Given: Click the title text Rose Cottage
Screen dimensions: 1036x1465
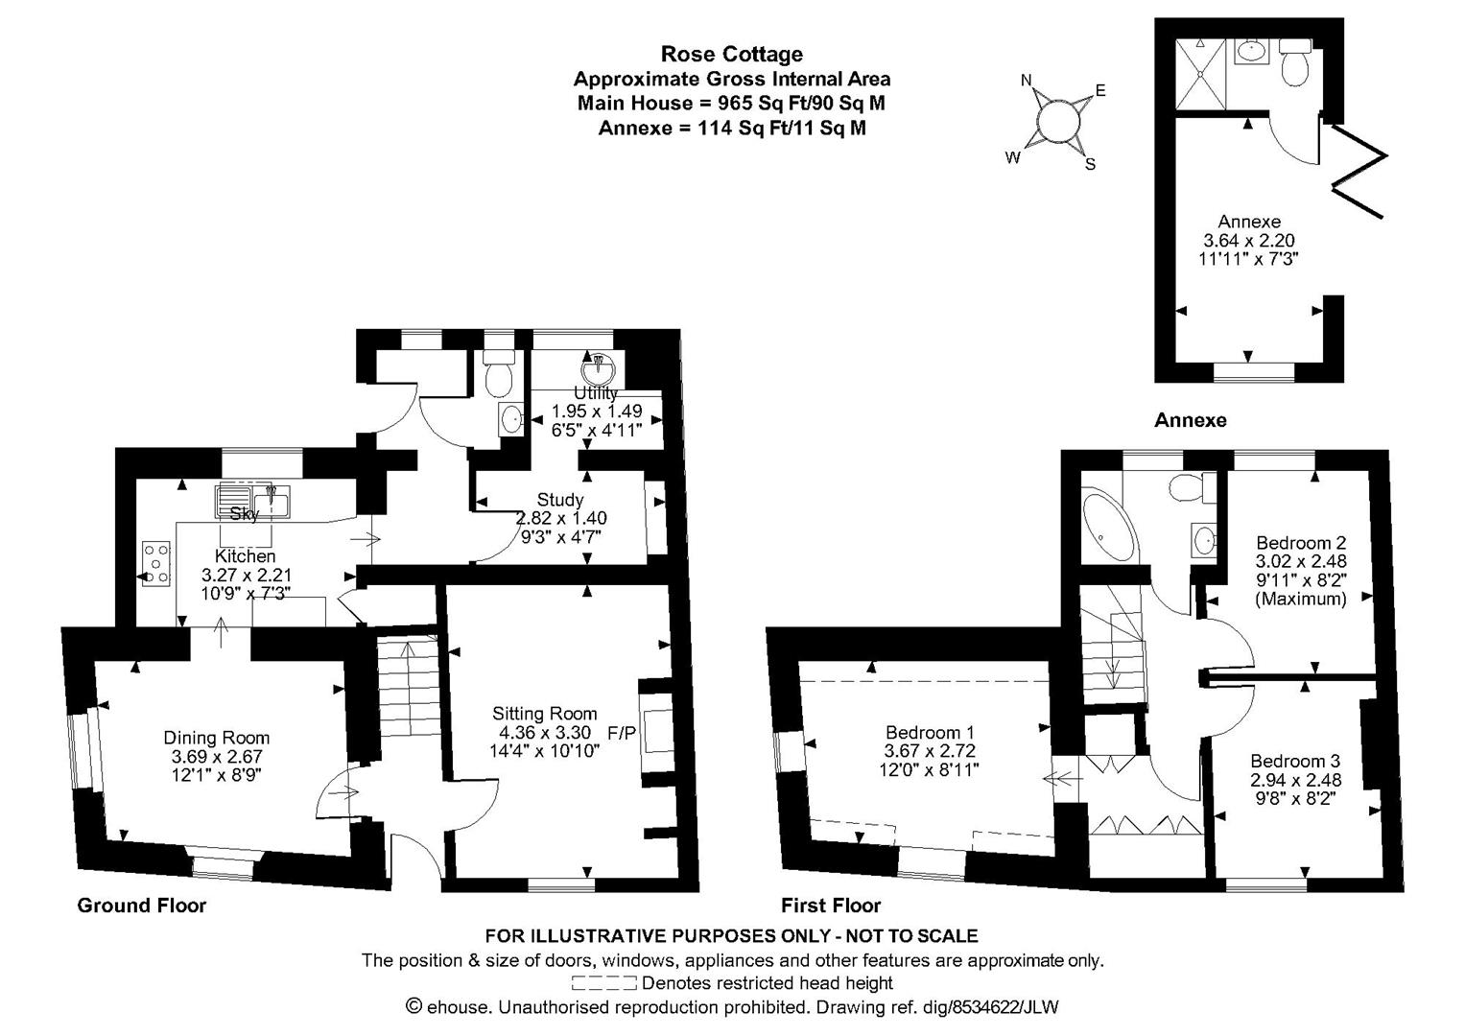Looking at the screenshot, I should (731, 55).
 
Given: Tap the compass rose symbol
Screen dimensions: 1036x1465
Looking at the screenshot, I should (1059, 123).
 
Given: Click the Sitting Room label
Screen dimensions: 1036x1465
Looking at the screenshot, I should (544, 714).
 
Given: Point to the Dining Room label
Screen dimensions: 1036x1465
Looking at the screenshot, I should (216, 738).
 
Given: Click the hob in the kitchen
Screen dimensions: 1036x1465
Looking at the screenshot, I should (155, 562).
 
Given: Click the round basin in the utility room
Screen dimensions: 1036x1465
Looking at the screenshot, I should (597, 368).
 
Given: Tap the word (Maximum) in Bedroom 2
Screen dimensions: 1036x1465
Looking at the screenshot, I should (1301, 599).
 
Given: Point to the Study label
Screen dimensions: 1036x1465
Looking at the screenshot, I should (560, 500).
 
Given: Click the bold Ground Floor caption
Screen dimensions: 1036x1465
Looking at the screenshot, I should (141, 906).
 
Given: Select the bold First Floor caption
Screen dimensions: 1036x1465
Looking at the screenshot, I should (830, 906).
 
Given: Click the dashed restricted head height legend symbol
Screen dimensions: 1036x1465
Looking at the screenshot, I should (603, 983).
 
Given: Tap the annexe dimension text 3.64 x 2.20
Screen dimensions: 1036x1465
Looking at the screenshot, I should (1249, 240).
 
